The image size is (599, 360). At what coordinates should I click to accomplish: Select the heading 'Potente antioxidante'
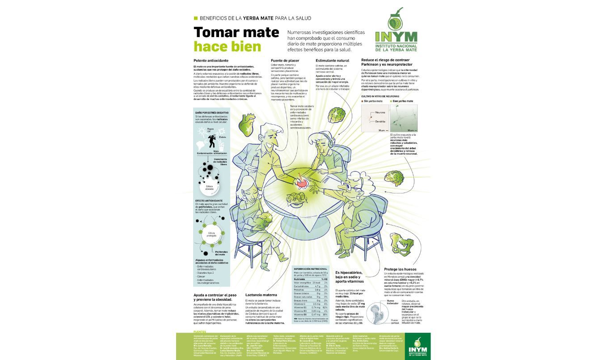[211, 60]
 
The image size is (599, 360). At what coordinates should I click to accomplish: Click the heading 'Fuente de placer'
[285, 60]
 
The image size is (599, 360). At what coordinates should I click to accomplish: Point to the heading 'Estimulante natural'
[333, 60]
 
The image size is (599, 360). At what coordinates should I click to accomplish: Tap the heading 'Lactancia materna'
[262, 295]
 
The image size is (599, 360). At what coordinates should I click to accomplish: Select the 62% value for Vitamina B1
[325, 307]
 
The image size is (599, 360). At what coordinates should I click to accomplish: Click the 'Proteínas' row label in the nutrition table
[299, 290]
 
